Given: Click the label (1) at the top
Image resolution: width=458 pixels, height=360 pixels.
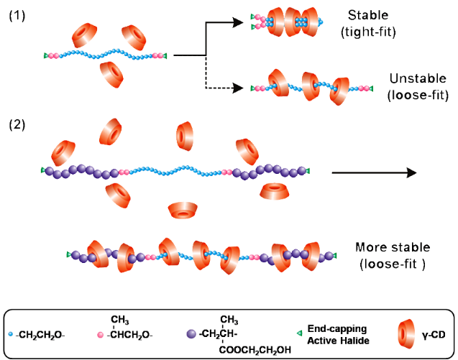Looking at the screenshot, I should (17, 15).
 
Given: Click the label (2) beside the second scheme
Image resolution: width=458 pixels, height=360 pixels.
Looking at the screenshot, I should (17, 124).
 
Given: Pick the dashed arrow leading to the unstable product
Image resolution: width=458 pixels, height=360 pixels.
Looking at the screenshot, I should (223, 88).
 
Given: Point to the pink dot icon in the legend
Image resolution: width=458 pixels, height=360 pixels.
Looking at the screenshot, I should (101, 333).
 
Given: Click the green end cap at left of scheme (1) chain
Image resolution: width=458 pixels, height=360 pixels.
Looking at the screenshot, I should (45, 55).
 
